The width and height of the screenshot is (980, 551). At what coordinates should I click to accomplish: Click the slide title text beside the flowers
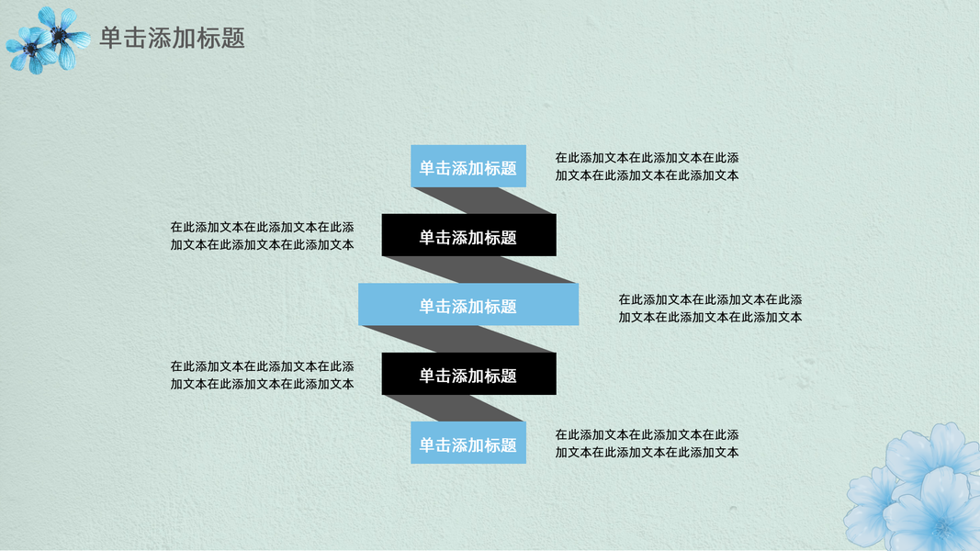[172, 39]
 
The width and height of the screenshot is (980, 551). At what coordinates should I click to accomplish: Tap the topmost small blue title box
[468, 167]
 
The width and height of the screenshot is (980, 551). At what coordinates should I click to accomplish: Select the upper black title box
[468, 236]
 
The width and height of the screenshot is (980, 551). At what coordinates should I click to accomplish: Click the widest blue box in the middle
[468, 305]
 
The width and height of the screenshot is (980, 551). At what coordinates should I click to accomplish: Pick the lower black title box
[468, 375]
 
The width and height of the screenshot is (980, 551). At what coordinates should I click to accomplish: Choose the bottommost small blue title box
[468, 444]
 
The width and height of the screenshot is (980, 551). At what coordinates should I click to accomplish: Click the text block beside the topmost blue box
[647, 166]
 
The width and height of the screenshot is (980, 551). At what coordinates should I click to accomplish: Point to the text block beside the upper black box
[262, 236]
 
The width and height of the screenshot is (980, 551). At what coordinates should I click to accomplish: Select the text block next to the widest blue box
[710, 309]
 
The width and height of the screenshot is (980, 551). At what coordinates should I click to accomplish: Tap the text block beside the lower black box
[262, 375]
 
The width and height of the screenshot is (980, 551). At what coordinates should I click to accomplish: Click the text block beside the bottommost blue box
[647, 444]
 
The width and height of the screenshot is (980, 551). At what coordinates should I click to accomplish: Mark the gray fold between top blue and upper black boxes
[485, 200]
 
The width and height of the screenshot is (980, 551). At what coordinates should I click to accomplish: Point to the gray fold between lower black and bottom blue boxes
[450, 408]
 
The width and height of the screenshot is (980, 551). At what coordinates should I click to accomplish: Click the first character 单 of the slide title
[110, 39]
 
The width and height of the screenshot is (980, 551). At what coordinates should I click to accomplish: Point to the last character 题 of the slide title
[233, 39]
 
